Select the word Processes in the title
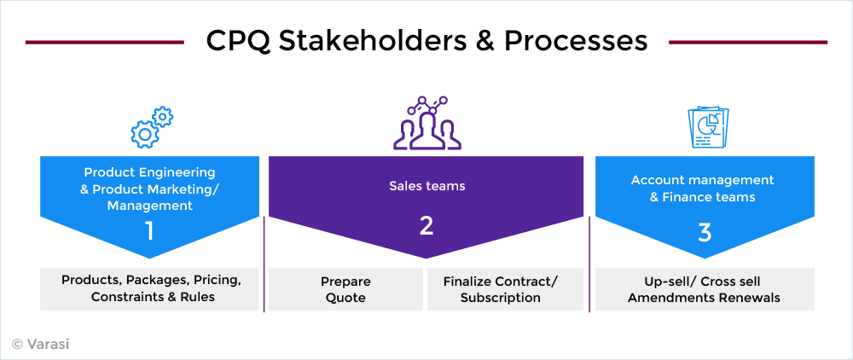pos(576,42)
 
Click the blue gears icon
pos(152,127)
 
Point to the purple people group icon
pos(427,123)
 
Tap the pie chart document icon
pos(708,127)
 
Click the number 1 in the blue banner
pos(149,230)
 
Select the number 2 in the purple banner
pos(426,225)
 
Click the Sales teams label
pos(427,186)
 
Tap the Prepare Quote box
pos(345,289)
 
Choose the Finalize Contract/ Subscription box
pos(505,289)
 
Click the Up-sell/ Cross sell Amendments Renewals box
pos(705,289)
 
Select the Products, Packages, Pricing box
pos(149,289)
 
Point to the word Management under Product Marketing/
pos(149,206)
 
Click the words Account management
pos(702,179)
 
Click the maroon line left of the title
pos(104,42)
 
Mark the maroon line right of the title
pos(748,42)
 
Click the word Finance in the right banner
pos(687,196)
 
